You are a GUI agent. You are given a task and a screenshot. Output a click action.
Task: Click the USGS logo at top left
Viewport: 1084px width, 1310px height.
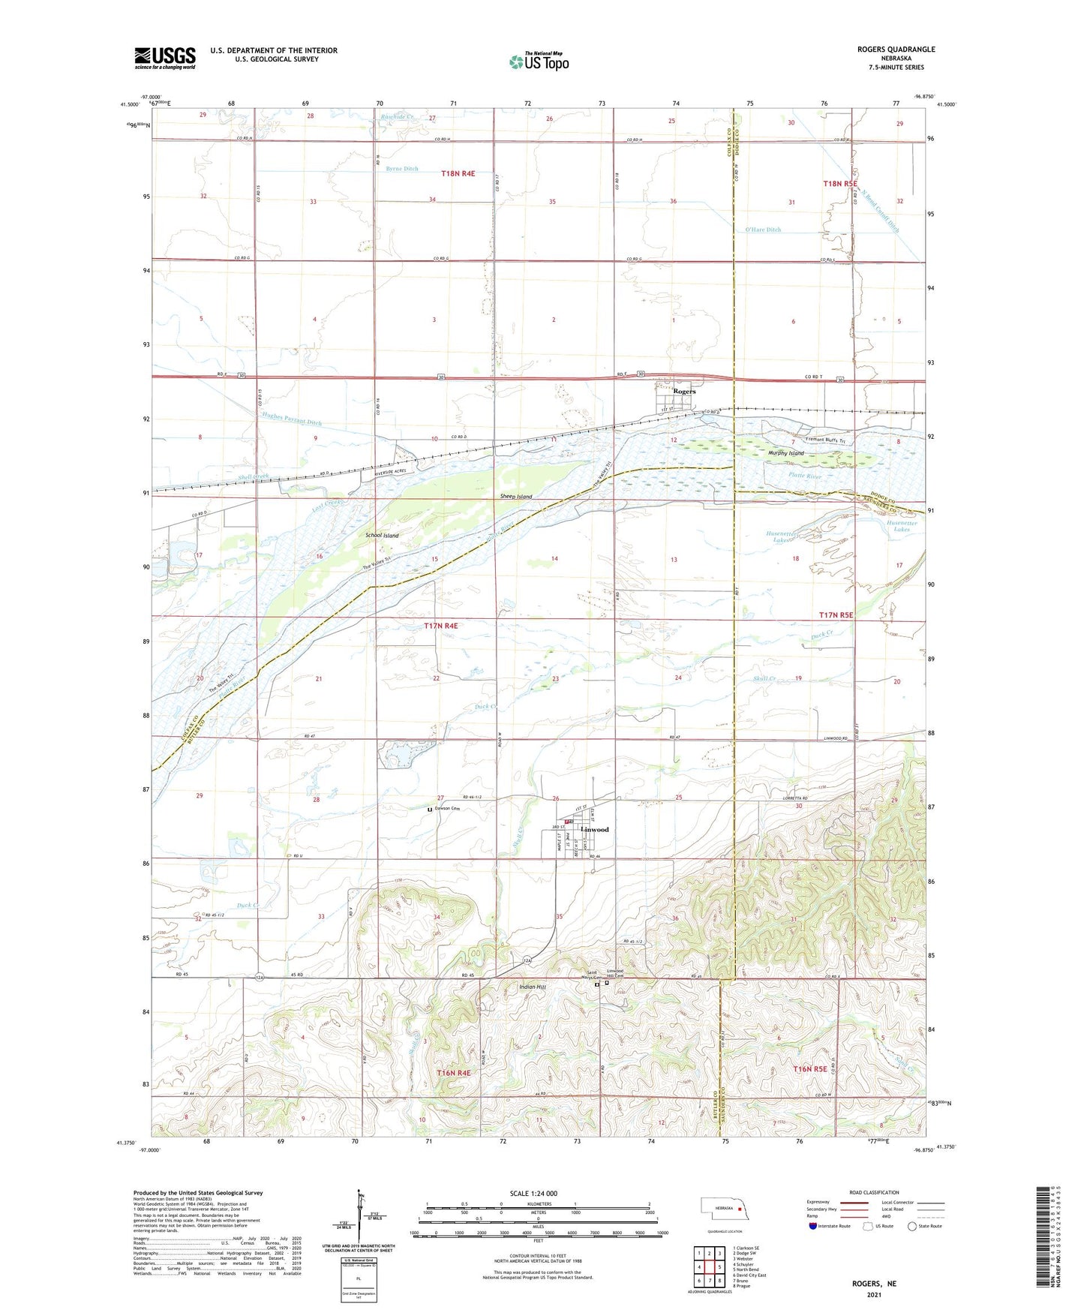(x=164, y=58)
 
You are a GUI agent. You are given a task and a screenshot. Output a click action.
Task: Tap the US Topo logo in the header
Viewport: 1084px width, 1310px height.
(x=539, y=62)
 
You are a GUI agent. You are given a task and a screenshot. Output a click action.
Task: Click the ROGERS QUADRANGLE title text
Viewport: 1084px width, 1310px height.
(x=896, y=50)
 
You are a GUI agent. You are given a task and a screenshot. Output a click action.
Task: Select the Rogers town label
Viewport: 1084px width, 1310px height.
(x=683, y=392)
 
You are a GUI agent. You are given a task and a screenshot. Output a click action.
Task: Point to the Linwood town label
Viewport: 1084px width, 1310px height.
(x=594, y=830)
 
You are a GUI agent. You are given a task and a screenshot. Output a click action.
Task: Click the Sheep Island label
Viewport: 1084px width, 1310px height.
(x=516, y=497)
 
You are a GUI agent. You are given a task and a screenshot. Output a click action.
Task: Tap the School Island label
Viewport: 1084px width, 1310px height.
(x=382, y=535)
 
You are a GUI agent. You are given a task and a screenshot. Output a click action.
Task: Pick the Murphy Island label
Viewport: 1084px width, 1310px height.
(x=785, y=453)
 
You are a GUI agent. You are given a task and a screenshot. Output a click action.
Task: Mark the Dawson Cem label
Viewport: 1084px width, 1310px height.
(x=449, y=809)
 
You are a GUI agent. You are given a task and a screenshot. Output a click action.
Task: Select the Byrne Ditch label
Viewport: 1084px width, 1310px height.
(x=402, y=169)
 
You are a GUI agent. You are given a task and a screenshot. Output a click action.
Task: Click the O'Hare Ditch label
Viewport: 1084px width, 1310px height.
(x=763, y=230)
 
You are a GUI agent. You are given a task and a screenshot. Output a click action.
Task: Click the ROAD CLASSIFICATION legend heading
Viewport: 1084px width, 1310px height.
(x=873, y=1192)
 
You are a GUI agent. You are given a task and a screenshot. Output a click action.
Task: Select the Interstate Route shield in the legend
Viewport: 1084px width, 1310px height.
(x=813, y=1226)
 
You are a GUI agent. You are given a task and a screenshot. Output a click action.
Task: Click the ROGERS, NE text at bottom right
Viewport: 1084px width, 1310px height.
(x=874, y=1284)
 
